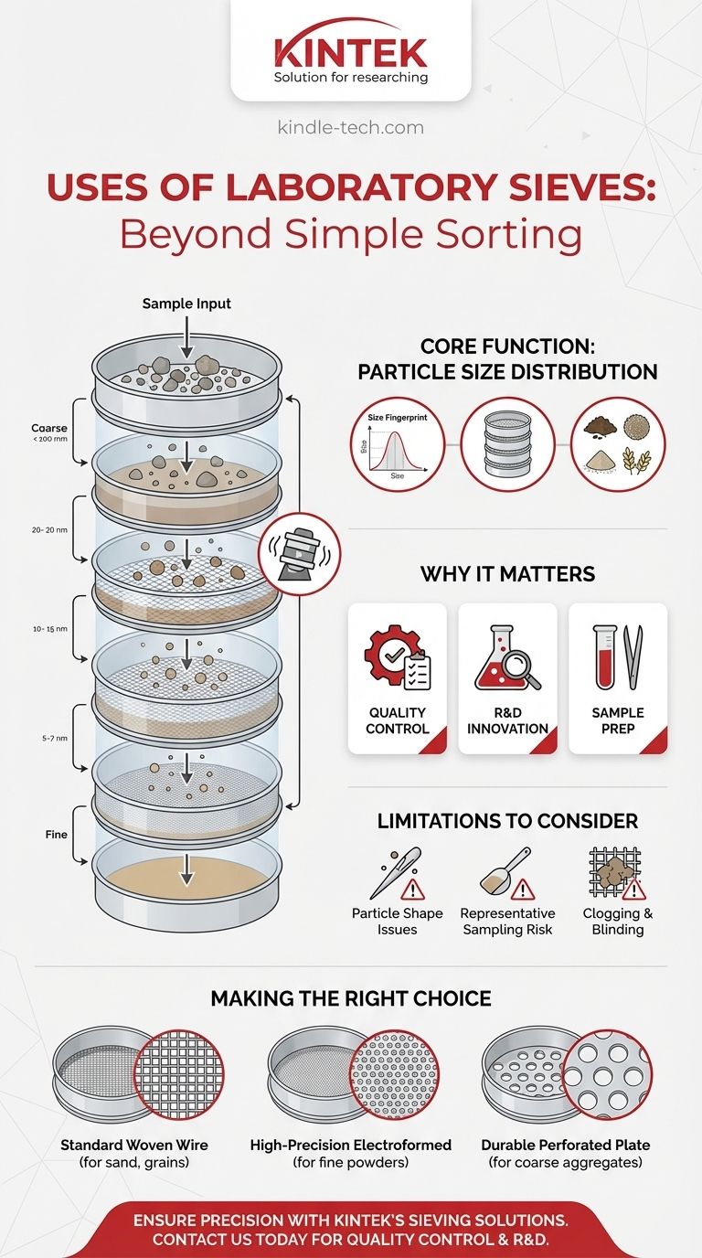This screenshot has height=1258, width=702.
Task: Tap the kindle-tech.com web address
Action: [x=351, y=127]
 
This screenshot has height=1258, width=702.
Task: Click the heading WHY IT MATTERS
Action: [x=507, y=574]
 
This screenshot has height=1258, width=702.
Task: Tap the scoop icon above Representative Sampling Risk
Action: [x=506, y=873]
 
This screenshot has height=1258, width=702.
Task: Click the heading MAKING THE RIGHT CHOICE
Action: [x=351, y=998]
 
